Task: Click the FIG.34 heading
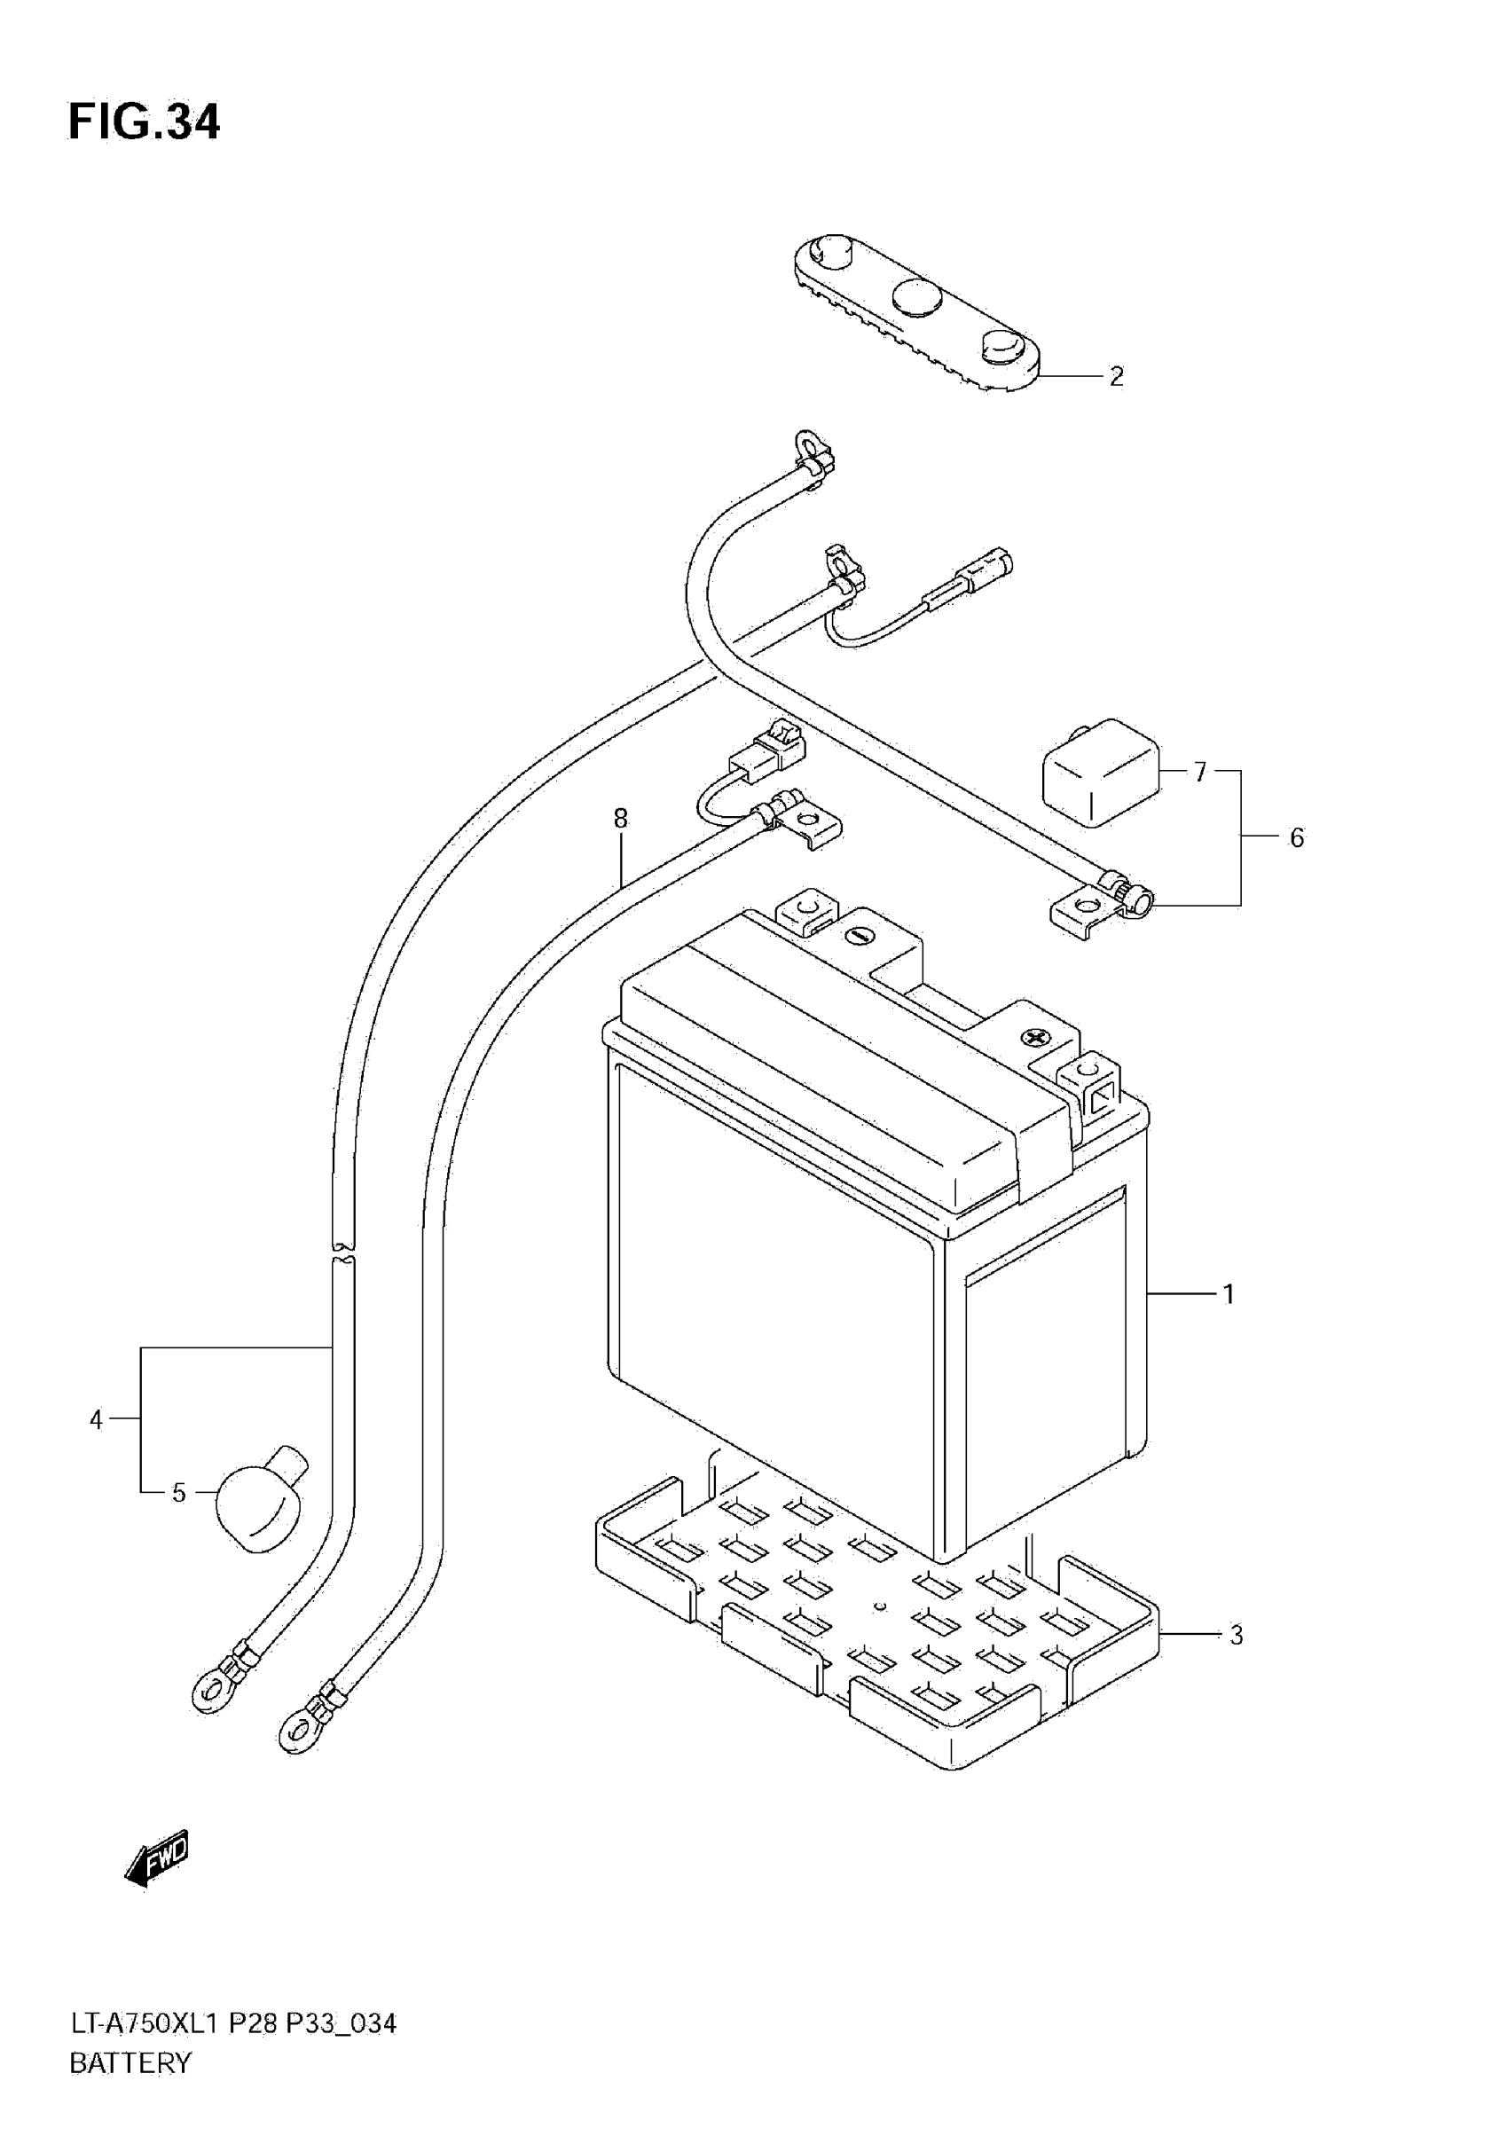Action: click(145, 122)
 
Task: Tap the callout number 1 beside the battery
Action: click(1228, 1294)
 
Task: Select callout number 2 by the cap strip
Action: click(1116, 377)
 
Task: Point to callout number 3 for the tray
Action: click(1236, 1635)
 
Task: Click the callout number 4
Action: click(96, 1419)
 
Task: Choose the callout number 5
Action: click(1296, 838)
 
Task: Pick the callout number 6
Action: click(1200, 772)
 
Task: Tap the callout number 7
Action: click(621, 819)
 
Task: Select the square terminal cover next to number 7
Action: click(1101, 772)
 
